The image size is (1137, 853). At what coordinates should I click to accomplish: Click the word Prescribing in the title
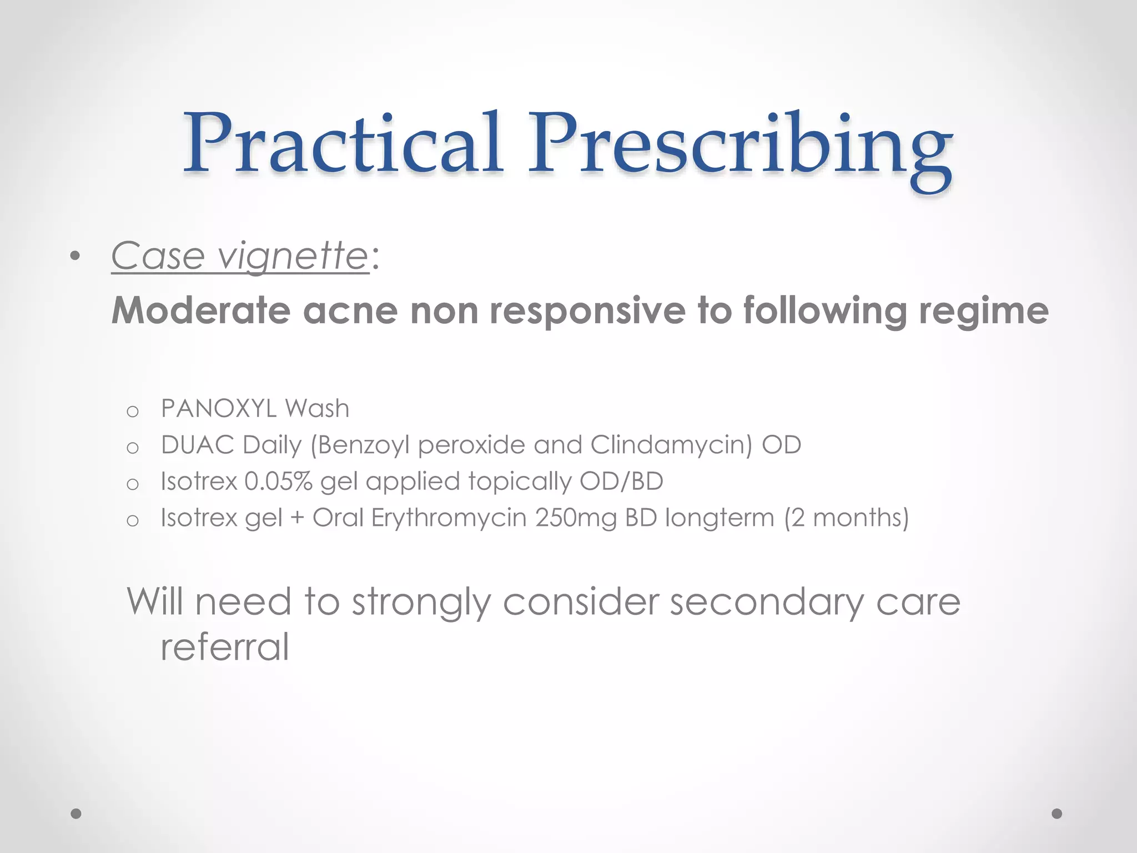pyautogui.click(x=739, y=145)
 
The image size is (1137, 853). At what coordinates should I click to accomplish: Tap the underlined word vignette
pyautogui.click(x=293, y=257)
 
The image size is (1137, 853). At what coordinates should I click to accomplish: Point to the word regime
pyautogui.click(x=984, y=311)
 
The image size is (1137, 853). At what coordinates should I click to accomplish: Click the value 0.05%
pyautogui.click(x=279, y=481)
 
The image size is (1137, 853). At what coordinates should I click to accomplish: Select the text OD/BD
pyautogui.click(x=621, y=481)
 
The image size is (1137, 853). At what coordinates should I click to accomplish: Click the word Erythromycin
pyautogui.click(x=449, y=518)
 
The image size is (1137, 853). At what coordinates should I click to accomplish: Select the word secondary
pyautogui.click(x=767, y=601)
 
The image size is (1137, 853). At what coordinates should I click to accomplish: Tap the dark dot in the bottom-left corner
pyautogui.click(x=76, y=814)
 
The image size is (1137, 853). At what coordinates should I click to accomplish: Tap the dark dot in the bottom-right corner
pyautogui.click(x=1057, y=814)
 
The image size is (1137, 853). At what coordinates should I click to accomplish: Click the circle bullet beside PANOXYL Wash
pyautogui.click(x=132, y=412)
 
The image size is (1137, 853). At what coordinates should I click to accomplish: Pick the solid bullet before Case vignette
pyautogui.click(x=76, y=257)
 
